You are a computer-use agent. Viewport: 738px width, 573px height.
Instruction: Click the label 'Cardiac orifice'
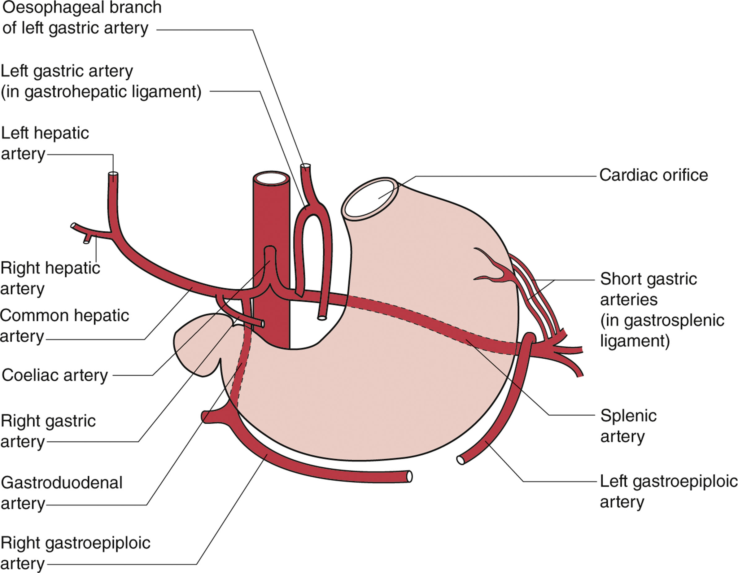point(653,175)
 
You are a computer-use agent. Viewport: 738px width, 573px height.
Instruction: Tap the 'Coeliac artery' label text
point(55,375)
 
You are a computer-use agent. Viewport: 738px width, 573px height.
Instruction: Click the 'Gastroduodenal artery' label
point(62,492)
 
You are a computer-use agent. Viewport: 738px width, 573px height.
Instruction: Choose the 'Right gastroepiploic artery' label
point(75,553)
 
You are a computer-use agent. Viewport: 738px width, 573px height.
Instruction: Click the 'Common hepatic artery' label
point(64,326)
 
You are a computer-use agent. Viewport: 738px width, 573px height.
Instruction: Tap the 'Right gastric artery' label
point(48,431)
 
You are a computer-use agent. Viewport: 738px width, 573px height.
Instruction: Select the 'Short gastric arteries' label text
point(648,279)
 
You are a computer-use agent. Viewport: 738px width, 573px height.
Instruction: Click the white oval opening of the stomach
point(369,199)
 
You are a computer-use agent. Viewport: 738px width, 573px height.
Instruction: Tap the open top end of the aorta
point(272,178)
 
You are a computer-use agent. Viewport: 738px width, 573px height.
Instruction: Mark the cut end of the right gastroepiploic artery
point(409,477)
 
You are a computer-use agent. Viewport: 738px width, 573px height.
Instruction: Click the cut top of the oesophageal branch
point(305,166)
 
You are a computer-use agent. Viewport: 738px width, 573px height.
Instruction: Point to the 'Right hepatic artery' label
point(50,278)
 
